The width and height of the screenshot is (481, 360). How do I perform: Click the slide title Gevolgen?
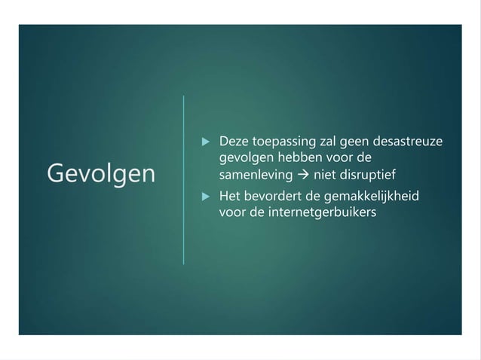click(x=100, y=174)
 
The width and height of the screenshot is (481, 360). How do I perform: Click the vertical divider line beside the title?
click(x=183, y=179)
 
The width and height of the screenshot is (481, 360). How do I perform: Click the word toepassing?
click(x=283, y=142)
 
